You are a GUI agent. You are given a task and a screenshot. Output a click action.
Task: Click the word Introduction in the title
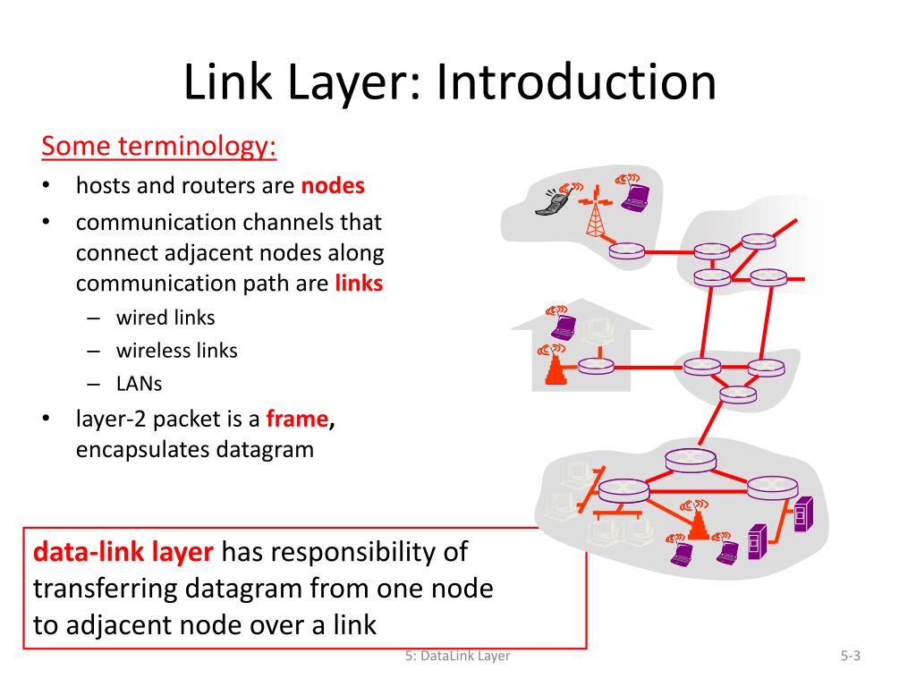point(577,82)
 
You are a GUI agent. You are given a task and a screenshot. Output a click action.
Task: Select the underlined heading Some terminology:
point(159,146)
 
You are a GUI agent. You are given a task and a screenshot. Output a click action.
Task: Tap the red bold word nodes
point(333,186)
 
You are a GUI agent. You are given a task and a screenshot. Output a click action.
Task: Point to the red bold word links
point(359,284)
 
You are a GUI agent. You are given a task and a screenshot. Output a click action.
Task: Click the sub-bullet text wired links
point(165,317)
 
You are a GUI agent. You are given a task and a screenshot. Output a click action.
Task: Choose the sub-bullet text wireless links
point(177,350)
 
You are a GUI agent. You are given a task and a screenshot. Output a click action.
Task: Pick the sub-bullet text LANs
point(140,383)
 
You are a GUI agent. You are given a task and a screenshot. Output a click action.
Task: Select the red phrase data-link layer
point(123,552)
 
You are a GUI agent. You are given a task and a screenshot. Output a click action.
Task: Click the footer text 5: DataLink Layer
point(457,656)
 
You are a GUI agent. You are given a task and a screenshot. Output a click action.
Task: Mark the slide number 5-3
point(850,656)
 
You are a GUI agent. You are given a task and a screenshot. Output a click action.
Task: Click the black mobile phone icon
point(548,204)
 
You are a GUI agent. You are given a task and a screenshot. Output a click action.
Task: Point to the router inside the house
point(595,366)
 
